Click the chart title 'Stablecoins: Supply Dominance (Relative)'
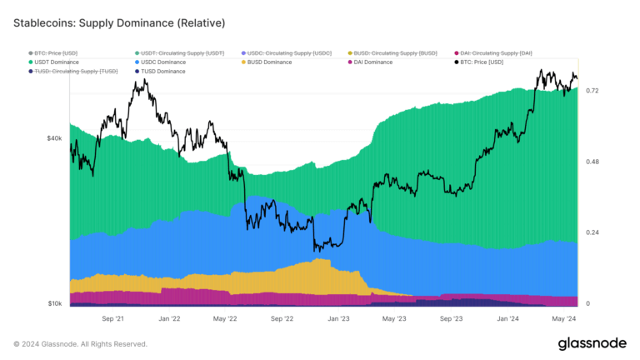[x=119, y=21]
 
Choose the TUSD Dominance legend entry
[x=163, y=72]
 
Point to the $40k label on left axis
[x=53, y=138]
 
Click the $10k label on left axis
[x=53, y=303]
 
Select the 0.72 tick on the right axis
[x=592, y=90]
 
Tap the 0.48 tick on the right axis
[x=592, y=162]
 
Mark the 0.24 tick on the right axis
[x=592, y=232]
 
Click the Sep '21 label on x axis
[x=112, y=318]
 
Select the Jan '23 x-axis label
[x=338, y=318]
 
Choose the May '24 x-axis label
[x=564, y=318]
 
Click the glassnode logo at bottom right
[x=592, y=343]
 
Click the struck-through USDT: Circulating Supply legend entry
[x=178, y=52]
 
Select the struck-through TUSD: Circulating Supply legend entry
[x=76, y=72]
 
